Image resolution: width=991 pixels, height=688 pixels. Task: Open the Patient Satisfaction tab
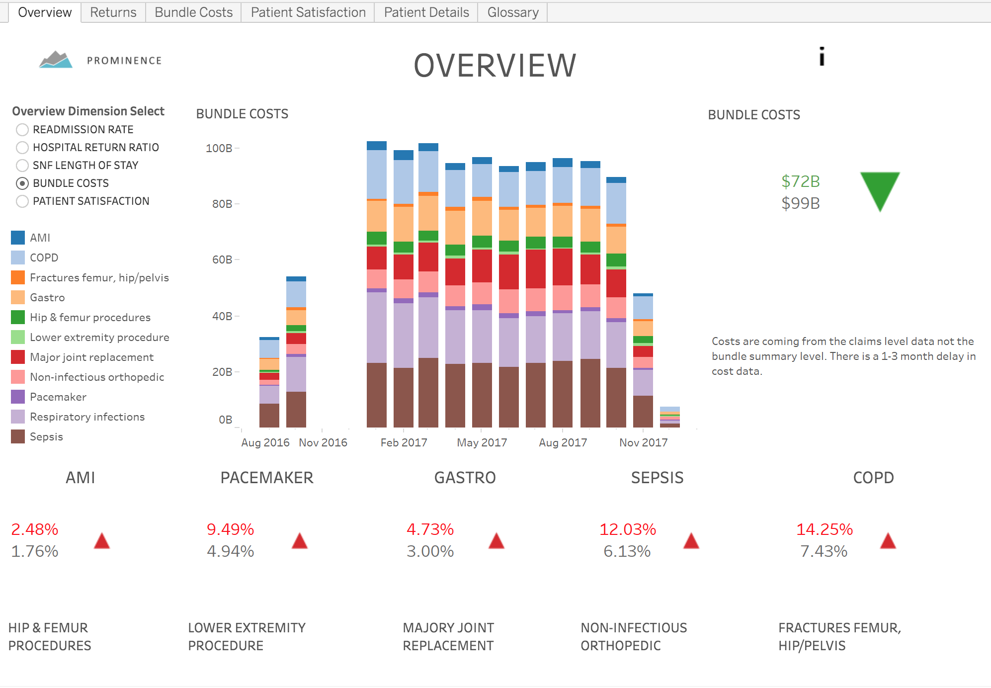(x=308, y=12)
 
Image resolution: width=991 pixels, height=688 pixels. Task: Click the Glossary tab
(x=512, y=12)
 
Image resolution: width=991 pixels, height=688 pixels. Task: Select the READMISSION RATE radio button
(x=22, y=130)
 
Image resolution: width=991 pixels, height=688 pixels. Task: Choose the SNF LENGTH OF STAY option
(x=22, y=166)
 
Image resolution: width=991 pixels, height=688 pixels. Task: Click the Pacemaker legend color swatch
(x=18, y=397)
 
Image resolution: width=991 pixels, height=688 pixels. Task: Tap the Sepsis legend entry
(x=46, y=436)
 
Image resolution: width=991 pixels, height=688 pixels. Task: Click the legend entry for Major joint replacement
(x=91, y=357)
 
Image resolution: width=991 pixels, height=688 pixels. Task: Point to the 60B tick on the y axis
(x=222, y=259)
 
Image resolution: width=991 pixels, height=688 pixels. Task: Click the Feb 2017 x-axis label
(x=404, y=442)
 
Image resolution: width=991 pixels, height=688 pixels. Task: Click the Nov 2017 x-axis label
(x=643, y=442)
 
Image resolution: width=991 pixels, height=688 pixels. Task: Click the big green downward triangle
(x=880, y=189)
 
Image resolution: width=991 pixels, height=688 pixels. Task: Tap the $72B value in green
(x=800, y=181)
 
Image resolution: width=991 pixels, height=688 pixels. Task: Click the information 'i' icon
(x=822, y=57)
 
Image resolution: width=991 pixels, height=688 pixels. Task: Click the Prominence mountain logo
(x=56, y=60)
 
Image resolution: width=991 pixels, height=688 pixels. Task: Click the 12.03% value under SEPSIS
(x=627, y=529)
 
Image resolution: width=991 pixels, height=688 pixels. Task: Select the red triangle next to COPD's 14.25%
(x=888, y=541)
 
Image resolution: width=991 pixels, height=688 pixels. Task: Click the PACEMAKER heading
(x=267, y=478)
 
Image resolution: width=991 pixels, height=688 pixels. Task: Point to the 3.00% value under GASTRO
(x=430, y=551)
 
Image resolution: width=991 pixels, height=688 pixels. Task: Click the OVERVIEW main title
(x=495, y=66)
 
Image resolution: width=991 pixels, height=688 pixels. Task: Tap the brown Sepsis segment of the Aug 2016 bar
(x=269, y=416)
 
